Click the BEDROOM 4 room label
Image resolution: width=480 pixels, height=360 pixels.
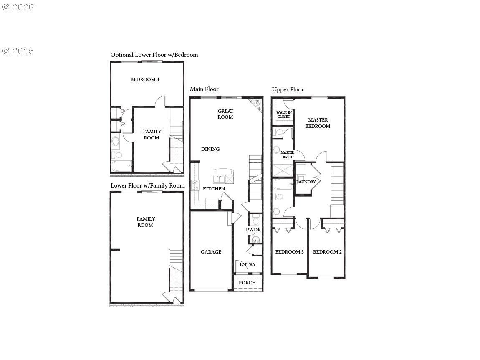pyautogui.click(x=145, y=79)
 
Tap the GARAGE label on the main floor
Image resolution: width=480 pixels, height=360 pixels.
pyautogui.click(x=211, y=252)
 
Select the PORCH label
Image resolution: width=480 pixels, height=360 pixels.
pyautogui.click(x=248, y=283)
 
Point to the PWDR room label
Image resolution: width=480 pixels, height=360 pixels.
pyautogui.click(x=253, y=230)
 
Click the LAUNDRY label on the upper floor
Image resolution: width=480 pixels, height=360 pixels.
pyautogui.click(x=306, y=182)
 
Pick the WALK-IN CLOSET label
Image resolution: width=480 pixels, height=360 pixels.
pyautogui.click(x=284, y=114)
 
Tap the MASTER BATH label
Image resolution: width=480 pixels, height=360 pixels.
pyautogui.click(x=287, y=155)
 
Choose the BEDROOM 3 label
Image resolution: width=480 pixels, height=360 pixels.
pyautogui.click(x=289, y=252)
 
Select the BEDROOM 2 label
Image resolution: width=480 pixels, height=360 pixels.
pyautogui.click(x=327, y=252)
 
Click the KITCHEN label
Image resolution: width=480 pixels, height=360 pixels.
pyautogui.click(x=214, y=189)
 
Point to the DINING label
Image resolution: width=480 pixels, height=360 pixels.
pyautogui.click(x=210, y=149)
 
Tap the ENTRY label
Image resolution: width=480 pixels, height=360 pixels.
pyautogui.click(x=248, y=264)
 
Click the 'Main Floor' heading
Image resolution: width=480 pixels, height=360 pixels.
pyautogui.click(x=204, y=89)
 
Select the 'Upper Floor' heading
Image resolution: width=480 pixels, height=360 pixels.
pyautogui.click(x=288, y=89)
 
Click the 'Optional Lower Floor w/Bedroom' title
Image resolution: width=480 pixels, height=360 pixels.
pyautogui.click(x=154, y=55)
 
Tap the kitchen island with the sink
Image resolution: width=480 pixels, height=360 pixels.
pyautogui.click(x=223, y=176)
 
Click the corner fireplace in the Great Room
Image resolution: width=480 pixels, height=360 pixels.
pyautogui.click(x=257, y=104)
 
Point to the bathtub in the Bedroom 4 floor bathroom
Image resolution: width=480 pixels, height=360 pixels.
pyautogui.click(x=121, y=166)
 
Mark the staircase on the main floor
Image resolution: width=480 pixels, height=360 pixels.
pyautogui.click(x=255, y=177)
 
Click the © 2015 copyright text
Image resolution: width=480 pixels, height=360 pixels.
pyautogui.click(x=18, y=51)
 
